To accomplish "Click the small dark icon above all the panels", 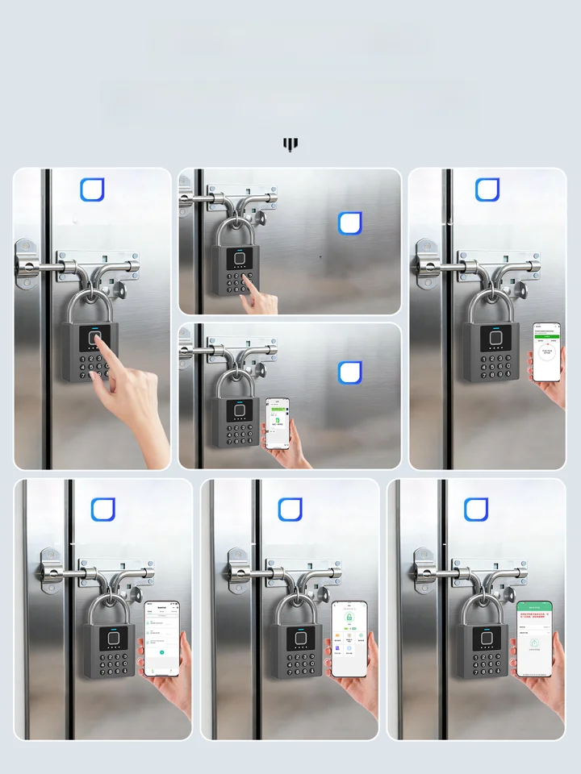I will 290,144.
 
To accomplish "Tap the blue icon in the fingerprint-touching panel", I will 93,189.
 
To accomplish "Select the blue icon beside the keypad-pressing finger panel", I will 350,223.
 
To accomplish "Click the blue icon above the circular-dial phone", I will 487,189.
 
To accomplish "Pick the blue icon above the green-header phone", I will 476,510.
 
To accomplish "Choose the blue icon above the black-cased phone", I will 290,510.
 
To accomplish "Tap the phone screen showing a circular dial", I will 545,352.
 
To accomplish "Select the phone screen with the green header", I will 534,638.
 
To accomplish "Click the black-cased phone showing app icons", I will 349,638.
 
